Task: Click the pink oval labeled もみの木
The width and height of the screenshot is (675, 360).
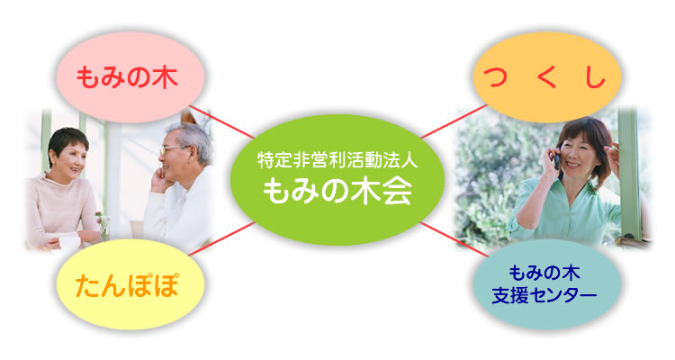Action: tap(130, 77)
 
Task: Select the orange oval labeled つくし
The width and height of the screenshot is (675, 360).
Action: tap(546, 77)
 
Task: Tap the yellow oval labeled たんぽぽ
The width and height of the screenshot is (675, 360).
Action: tap(130, 284)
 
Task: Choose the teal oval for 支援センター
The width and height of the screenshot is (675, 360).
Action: tap(546, 284)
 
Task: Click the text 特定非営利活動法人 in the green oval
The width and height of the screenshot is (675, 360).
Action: tap(337, 160)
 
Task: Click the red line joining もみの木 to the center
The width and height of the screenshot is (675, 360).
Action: tap(221, 121)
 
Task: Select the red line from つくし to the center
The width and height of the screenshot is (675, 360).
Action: tap(454, 121)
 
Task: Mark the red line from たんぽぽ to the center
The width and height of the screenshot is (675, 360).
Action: tap(222, 239)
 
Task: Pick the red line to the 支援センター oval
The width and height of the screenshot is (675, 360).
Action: tap(454, 239)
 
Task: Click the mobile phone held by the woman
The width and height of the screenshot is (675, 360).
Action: tap(556, 159)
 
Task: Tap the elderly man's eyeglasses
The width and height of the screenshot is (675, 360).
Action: tap(173, 150)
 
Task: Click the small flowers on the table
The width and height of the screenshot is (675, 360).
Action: tap(103, 220)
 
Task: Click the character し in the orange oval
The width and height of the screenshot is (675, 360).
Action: tap(595, 78)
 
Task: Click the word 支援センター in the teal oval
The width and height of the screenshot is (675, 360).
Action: tap(544, 295)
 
